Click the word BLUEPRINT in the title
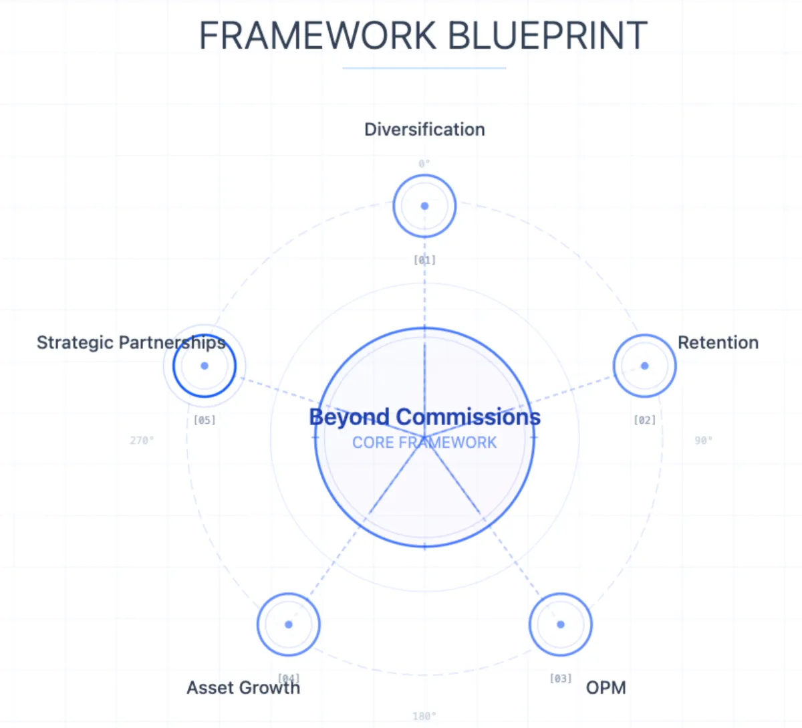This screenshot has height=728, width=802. click(x=547, y=36)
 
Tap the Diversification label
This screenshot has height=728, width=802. click(x=424, y=130)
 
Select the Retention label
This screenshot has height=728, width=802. click(x=718, y=343)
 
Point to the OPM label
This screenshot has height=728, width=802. click(x=606, y=688)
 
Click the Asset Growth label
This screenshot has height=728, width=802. click(x=243, y=688)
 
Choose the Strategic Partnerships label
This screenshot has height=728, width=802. click(x=131, y=343)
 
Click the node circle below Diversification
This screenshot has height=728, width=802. click(x=424, y=206)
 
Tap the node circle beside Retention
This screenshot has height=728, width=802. click(x=644, y=366)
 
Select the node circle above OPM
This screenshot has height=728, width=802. click(x=560, y=624)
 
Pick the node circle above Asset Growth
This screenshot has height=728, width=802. click(x=289, y=624)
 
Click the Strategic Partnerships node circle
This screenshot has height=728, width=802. click(x=205, y=366)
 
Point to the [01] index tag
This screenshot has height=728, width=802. click(x=424, y=260)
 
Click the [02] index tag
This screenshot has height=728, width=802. click(x=644, y=420)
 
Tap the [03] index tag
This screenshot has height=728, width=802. click(x=560, y=679)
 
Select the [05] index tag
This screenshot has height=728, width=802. click(x=205, y=420)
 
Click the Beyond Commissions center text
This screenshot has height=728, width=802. click(x=424, y=417)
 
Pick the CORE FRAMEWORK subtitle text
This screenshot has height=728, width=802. click(x=424, y=443)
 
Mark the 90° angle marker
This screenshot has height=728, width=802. click(x=703, y=441)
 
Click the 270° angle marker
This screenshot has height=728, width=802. click(x=142, y=441)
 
